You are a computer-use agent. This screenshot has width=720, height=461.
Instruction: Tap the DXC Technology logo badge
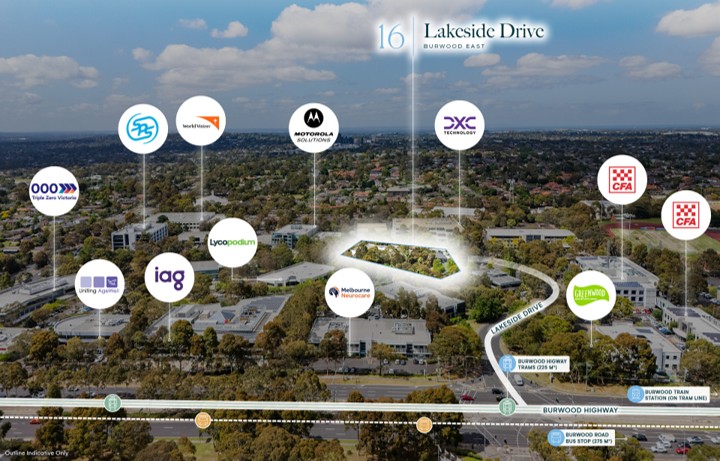pyautogui.click(x=460, y=125)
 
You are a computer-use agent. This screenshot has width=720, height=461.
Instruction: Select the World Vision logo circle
pyautogui.click(x=201, y=121)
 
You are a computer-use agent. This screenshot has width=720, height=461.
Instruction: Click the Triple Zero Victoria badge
pyautogui.click(x=54, y=191)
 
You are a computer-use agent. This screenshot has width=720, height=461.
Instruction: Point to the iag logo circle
pyautogui.click(x=169, y=278)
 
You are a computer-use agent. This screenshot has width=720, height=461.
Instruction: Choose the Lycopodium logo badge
pyautogui.click(x=233, y=242)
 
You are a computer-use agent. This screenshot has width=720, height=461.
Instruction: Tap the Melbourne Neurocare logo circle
pyautogui.click(x=349, y=292)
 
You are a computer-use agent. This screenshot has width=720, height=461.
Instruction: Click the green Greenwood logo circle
pyautogui.click(x=590, y=295)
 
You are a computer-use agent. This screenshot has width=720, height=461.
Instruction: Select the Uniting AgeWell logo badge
pyautogui.click(x=99, y=284)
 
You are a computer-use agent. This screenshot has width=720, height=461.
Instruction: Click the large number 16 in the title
pyautogui.click(x=390, y=36)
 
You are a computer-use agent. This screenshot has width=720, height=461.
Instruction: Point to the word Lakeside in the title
pyautogui.click(x=463, y=30)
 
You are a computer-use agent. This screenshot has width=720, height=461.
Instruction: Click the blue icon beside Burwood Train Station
pyautogui.click(x=635, y=394)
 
